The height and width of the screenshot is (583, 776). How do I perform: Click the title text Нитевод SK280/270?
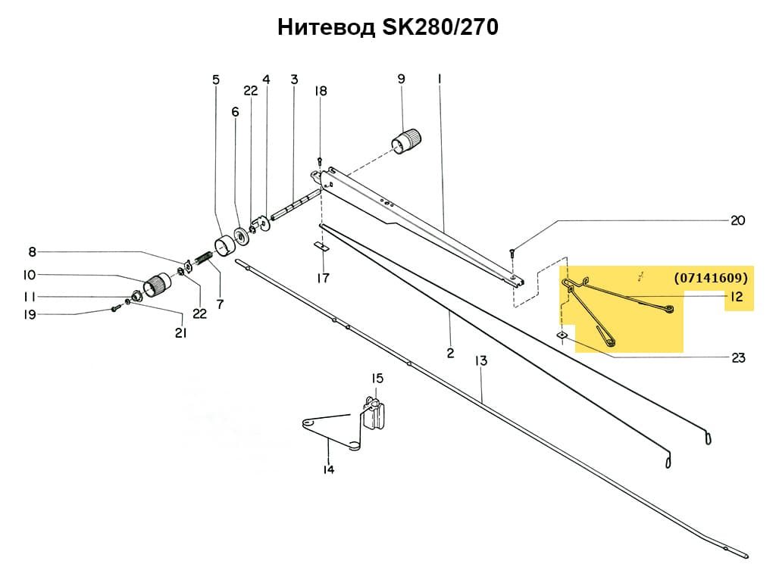pos(387,28)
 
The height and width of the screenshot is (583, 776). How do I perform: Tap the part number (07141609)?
pos(711,278)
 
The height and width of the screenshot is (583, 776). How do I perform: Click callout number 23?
pos(738,357)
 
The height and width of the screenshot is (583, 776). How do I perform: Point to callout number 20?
pos(737,220)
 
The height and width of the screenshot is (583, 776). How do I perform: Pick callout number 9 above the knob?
pos(401,78)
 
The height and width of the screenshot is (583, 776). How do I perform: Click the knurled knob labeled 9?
pos(406,140)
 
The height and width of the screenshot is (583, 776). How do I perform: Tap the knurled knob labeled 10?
pos(159,285)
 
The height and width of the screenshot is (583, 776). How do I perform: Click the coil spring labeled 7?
pos(202,261)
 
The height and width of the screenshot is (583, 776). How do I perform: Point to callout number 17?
pos(323,278)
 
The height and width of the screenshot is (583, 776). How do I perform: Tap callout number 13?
pos(481,361)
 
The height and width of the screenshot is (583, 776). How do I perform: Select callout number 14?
pos(328,469)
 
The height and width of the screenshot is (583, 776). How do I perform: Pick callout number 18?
pos(321,91)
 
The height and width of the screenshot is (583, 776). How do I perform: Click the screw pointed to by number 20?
pos(512,253)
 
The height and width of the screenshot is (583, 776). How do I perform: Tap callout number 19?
pos(30,314)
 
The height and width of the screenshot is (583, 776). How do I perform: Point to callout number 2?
pos(450,353)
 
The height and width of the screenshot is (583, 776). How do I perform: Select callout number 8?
pos(32,252)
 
